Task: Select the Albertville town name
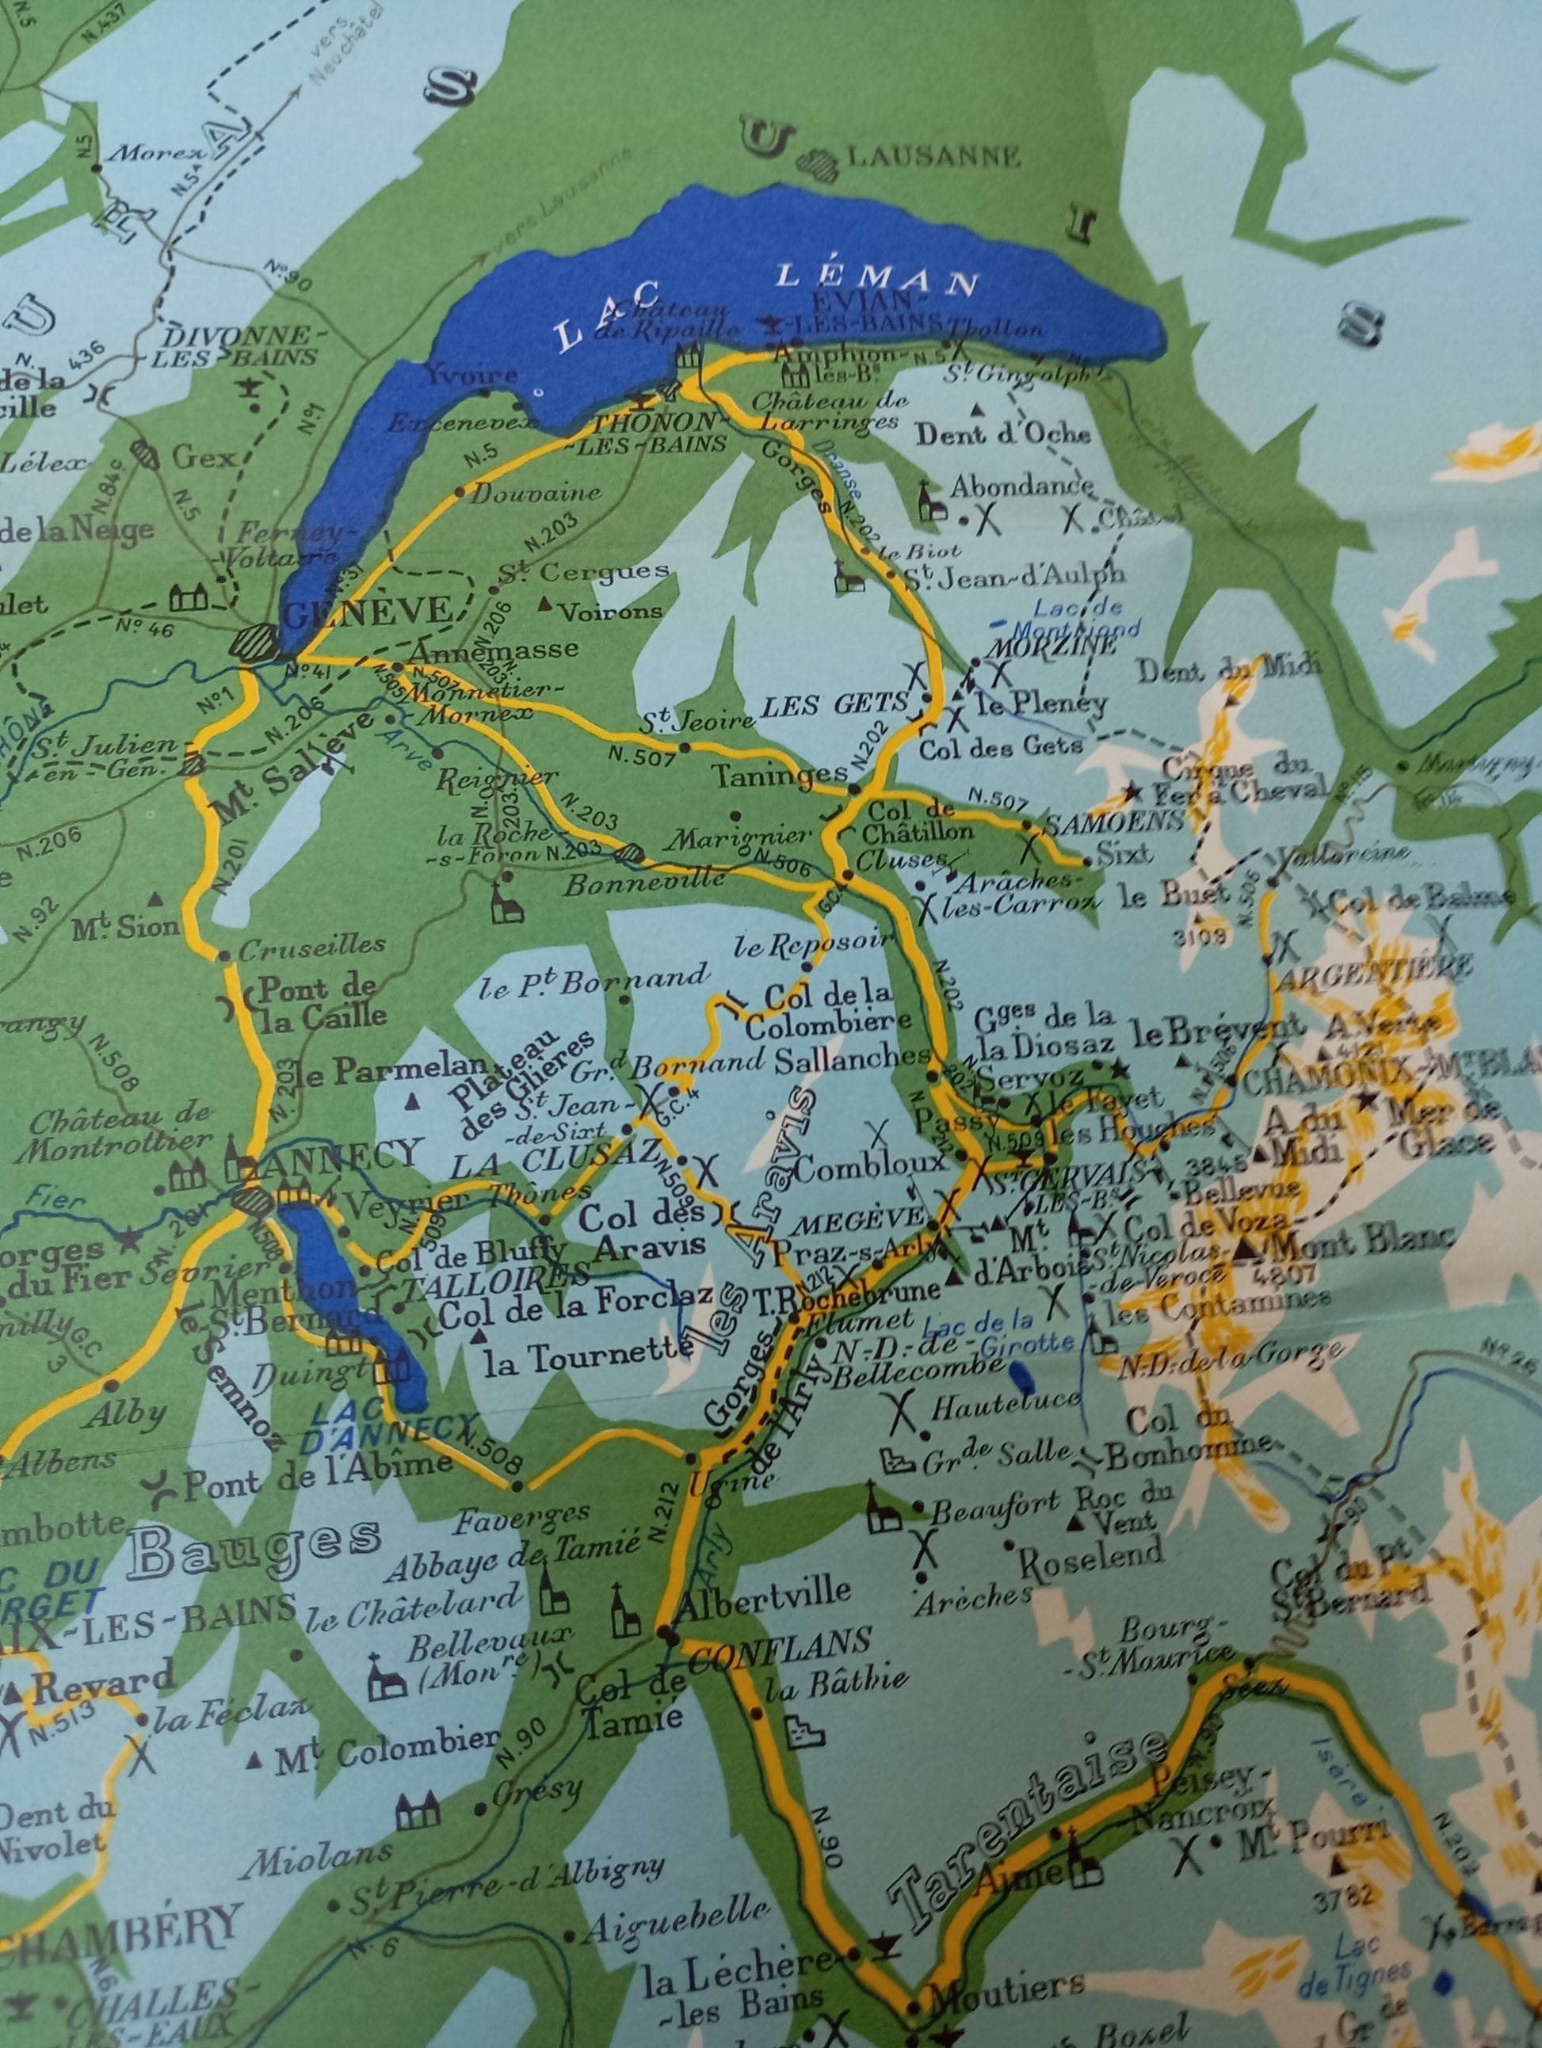[x=764, y=1591]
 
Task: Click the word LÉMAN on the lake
[x=877, y=278]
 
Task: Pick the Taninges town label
[x=781, y=774]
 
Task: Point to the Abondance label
[x=1021, y=485]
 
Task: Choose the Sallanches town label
[x=852, y=1058]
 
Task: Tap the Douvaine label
[x=536, y=494]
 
